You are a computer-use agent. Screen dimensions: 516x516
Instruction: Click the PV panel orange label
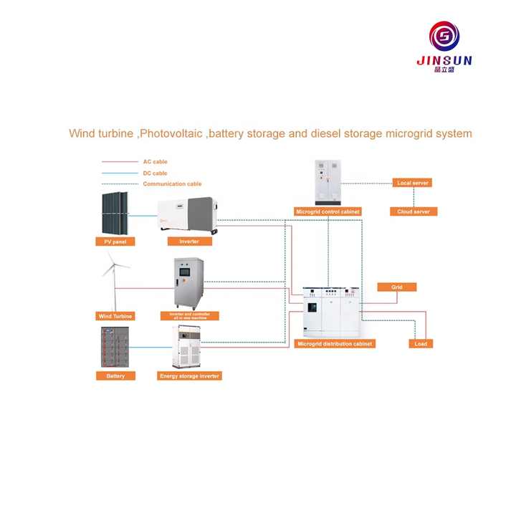click(x=115, y=242)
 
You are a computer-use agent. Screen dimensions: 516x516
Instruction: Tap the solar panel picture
click(x=115, y=213)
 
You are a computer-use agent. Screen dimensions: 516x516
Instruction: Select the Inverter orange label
click(x=189, y=242)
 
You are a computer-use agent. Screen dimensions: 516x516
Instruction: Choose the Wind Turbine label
click(x=115, y=315)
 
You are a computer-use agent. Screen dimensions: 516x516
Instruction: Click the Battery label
click(x=115, y=376)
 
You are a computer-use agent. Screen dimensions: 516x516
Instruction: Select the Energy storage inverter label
click(x=190, y=376)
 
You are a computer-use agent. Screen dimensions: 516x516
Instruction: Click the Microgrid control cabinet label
click(x=328, y=211)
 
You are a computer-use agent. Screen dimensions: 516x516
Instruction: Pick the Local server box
click(x=412, y=183)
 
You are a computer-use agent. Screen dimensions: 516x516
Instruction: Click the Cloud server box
click(x=414, y=211)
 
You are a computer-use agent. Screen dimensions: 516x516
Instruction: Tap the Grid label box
click(x=396, y=287)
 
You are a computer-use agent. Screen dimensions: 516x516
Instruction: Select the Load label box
click(x=421, y=344)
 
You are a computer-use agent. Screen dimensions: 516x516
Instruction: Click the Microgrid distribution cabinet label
click(x=335, y=344)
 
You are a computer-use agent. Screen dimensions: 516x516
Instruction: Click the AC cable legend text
click(x=156, y=162)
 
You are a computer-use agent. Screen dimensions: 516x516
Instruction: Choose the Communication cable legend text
click(x=172, y=184)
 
